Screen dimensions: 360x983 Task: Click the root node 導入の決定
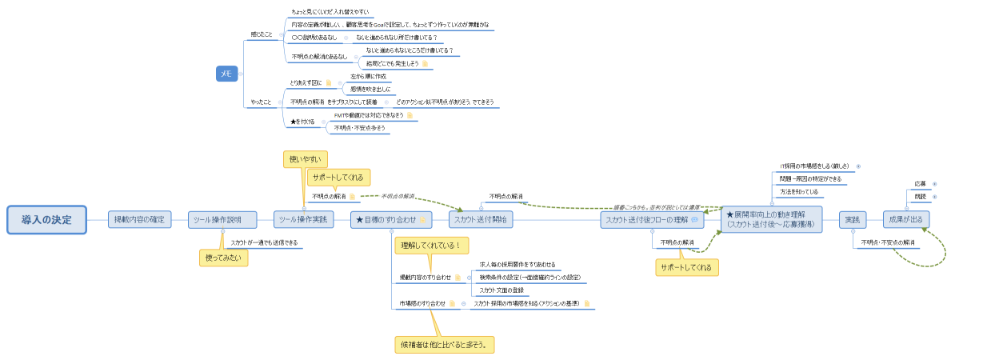pyautogui.click(x=46, y=219)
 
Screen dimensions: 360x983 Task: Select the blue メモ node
pyautogui.click(x=226, y=74)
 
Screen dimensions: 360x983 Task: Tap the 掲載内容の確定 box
pyautogui.click(x=140, y=219)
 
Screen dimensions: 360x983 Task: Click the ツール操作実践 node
pyautogui.click(x=303, y=220)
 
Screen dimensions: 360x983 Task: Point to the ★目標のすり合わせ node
pyautogui.click(x=391, y=220)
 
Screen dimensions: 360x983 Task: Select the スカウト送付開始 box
pyautogui.click(x=481, y=220)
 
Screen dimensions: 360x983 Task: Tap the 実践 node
pyautogui.click(x=853, y=220)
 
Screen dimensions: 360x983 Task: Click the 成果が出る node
pyautogui.click(x=905, y=220)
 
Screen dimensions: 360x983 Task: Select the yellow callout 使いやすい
pyautogui.click(x=305, y=159)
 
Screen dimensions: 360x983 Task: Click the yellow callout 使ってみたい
pyautogui.click(x=223, y=258)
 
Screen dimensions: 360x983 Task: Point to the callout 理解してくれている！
pyautogui.click(x=430, y=246)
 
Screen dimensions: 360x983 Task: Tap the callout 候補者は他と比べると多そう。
pyautogui.click(x=446, y=345)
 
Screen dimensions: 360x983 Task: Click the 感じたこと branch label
pyautogui.click(x=262, y=34)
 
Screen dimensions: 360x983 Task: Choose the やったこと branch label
pyautogui.click(x=262, y=102)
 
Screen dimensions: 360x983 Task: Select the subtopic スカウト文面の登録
pyautogui.click(x=501, y=290)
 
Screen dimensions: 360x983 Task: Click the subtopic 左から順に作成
pyautogui.click(x=368, y=76)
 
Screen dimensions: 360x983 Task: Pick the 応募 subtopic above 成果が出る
pyautogui.click(x=920, y=184)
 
